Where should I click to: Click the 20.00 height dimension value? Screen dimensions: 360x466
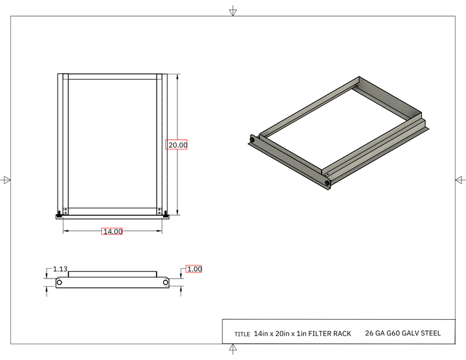coord(177,145)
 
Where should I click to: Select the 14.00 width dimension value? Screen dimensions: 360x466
coord(112,231)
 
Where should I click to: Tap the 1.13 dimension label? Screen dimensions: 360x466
coord(60,269)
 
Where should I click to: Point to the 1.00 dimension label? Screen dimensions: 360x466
coord(194,269)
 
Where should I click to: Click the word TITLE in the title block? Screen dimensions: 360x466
coord(242,335)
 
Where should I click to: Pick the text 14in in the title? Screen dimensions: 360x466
coord(261,334)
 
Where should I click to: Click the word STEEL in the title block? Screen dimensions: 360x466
coord(430,334)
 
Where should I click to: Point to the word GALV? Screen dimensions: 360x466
coord(408,334)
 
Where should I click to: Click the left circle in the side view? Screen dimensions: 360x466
coord(60,283)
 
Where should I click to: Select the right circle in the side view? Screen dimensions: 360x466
coord(166,283)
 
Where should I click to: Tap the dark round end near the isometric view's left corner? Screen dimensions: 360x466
coord(252,140)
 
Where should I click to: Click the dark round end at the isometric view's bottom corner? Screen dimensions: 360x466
coord(328,183)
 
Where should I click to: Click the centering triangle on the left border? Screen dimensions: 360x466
coord(7,180)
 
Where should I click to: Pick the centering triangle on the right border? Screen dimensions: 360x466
coord(460,180)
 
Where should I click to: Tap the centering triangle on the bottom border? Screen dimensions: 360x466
coord(232,350)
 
